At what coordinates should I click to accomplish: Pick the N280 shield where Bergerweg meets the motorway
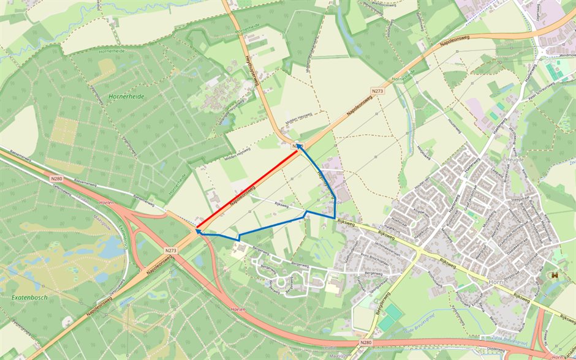pyautogui.click(x=366, y=343)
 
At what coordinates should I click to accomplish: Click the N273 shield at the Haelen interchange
pyautogui.click(x=170, y=250)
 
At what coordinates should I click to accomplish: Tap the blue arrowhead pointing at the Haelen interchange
pyautogui.click(x=199, y=231)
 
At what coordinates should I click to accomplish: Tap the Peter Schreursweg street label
pyautogui.click(x=539, y=89)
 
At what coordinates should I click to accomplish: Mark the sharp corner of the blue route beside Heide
pyautogui.click(x=335, y=218)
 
